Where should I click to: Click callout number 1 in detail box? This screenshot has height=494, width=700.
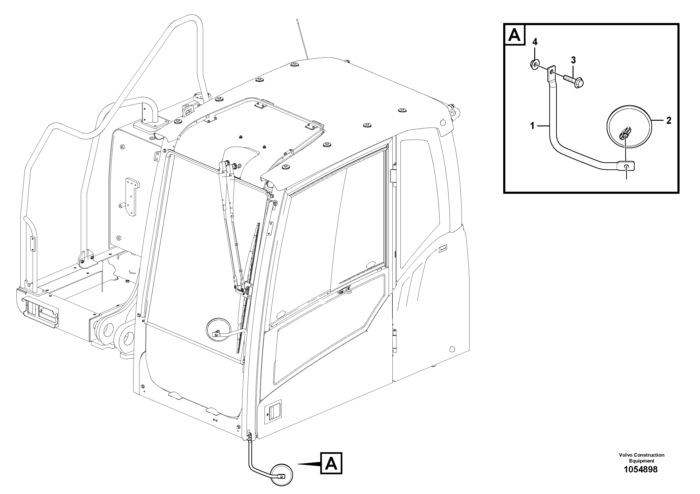532,125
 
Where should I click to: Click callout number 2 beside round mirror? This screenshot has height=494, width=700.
668,121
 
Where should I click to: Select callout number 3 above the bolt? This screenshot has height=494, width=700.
573,60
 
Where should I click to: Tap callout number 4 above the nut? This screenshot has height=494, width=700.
535,42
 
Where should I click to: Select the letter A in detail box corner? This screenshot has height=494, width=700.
515,35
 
